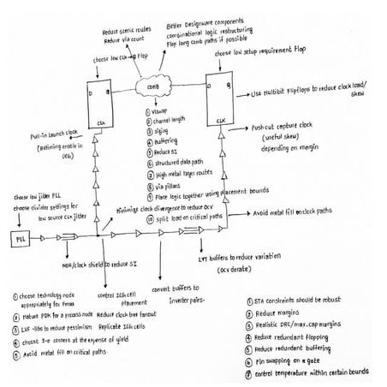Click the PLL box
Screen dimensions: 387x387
16,237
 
